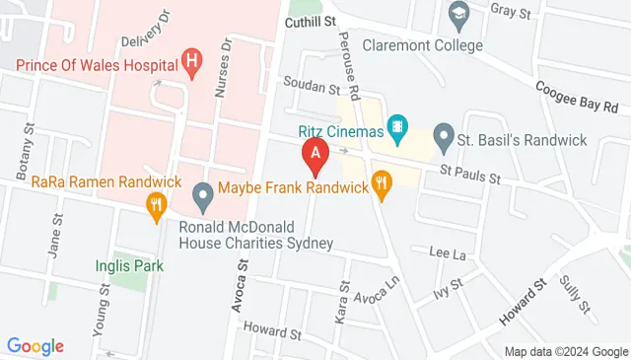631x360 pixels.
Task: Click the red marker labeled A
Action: click(315, 154)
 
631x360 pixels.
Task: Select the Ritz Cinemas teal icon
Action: click(396, 125)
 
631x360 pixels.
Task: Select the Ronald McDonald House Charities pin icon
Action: click(203, 197)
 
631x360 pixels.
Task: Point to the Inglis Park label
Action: click(122, 264)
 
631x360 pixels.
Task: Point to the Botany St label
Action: click(30, 151)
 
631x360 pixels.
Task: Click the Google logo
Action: click(35, 346)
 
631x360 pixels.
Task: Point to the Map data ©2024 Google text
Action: click(565, 352)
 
